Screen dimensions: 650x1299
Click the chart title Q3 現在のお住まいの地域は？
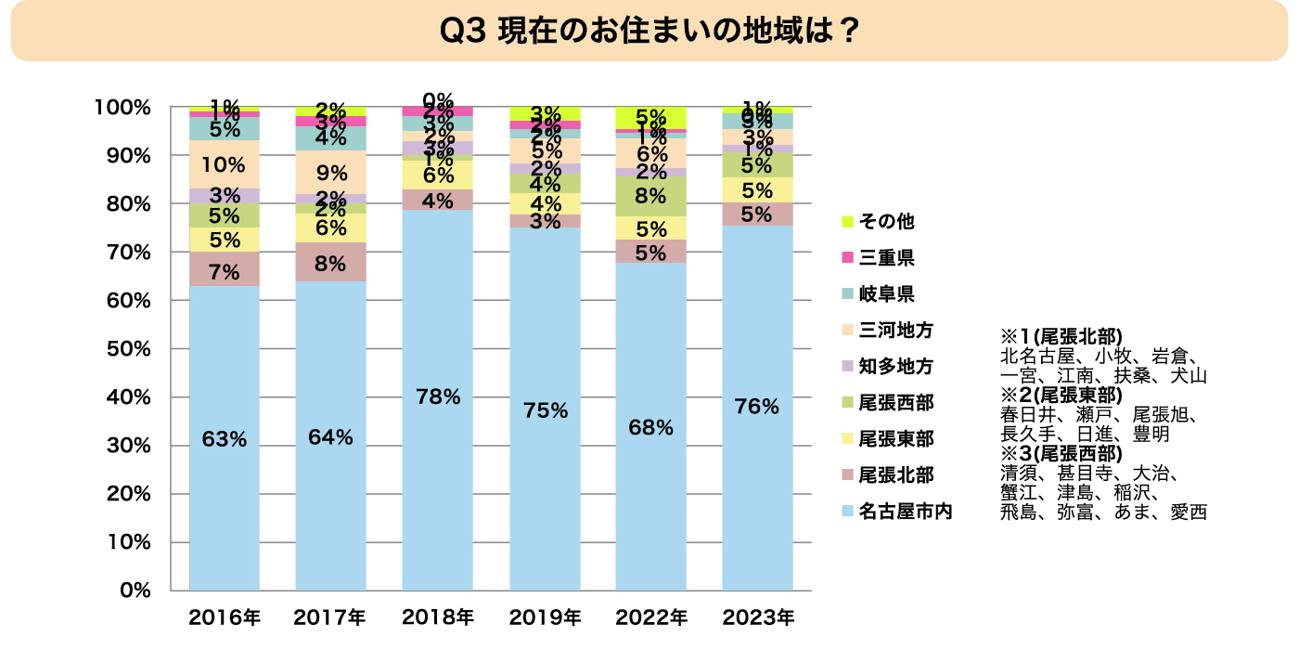(649, 31)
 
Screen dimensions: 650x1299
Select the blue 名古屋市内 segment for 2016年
(225, 436)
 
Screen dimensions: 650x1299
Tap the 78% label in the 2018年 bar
(438, 396)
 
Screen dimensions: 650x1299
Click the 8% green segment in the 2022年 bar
(651, 196)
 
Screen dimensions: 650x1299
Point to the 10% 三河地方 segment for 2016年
(225, 164)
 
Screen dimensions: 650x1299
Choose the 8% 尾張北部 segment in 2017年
(331, 262)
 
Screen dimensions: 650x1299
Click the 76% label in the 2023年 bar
(757, 406)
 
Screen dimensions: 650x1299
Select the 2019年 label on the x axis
(545, 617)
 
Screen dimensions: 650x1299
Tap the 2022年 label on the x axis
(651, 617)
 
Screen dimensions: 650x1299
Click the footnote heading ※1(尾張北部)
(1061, 336)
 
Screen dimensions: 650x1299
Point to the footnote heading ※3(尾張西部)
(1061, 454)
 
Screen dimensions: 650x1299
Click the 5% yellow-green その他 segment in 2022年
(651, 118)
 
